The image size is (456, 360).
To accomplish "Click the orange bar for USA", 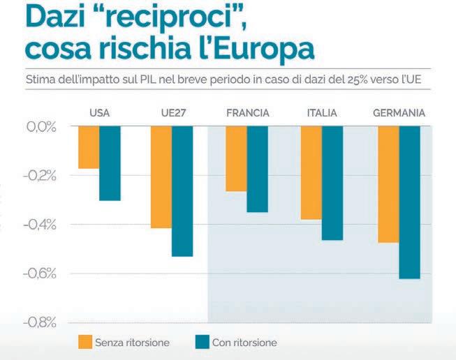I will [89, 147].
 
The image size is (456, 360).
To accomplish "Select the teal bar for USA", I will [110, 163].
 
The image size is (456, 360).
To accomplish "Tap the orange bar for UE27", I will [161, 177].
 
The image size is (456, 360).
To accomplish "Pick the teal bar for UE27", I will [182, 191].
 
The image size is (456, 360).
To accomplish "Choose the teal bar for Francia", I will [257, 169].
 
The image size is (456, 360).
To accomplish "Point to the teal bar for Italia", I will [332, 183].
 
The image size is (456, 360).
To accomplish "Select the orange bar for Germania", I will [388, 184].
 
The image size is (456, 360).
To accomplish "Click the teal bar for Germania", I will [409, 202].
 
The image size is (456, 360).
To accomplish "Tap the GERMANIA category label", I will [399, 113].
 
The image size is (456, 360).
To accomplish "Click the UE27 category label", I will [172, 113].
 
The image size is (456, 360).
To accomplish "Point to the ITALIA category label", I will [322, 113].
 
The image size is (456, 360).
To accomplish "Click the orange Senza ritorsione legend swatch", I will [85, 342].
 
